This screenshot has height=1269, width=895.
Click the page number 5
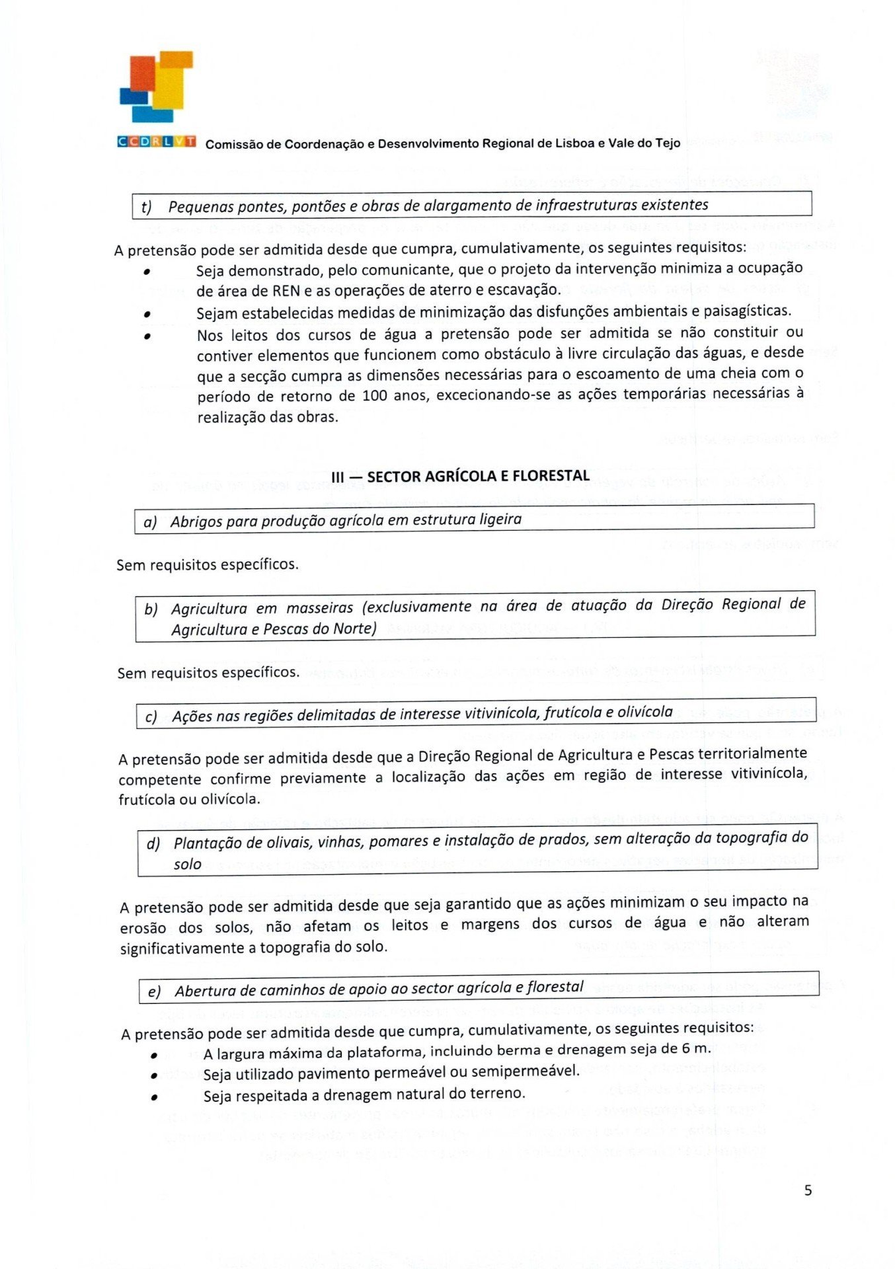click(808, 1190)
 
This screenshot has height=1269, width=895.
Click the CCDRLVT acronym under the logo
click(157, 141)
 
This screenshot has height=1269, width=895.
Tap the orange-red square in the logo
click(141, 73)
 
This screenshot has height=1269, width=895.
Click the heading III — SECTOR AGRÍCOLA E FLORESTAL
click(461, 476)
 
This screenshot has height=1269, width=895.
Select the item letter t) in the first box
click(147, 208)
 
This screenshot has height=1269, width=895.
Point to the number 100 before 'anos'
click(375, 396)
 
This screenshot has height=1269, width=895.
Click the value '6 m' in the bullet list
click(698, 1048)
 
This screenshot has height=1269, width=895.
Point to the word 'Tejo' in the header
click(668, 143)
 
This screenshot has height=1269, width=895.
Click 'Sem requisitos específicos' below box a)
click(207, 564)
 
